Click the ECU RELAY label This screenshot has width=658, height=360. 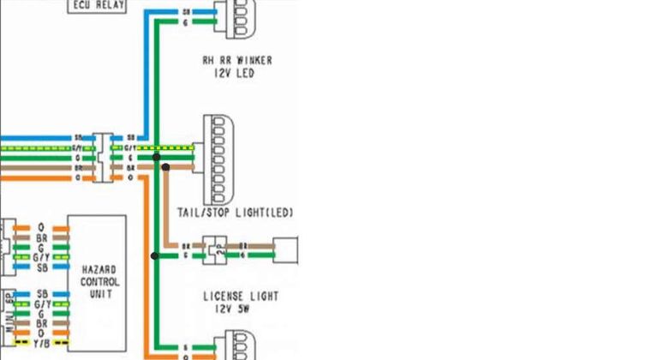tap(98, 6)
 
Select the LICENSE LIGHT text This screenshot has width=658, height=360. tap(240, 297)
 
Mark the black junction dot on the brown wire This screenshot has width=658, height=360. tap(166, 167)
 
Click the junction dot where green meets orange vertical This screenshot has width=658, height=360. tap(155, 255)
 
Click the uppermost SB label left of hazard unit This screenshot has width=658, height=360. tap(40, 267)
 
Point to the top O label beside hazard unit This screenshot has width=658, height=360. tap(40, 225)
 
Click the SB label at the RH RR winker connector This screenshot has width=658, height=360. tap(187, 13)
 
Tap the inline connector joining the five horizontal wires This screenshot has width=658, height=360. tap(104, 157)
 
